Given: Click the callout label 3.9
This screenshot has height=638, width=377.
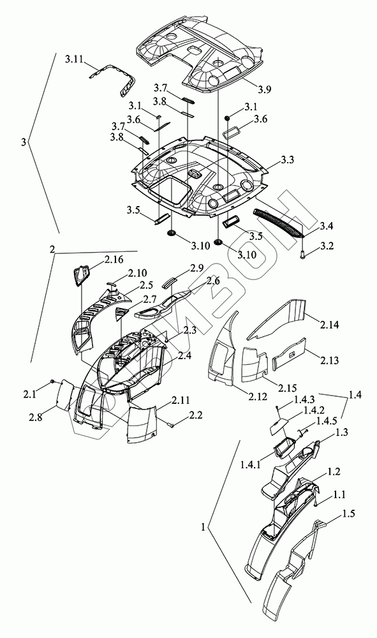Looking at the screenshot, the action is pyautogui.click(x=264, y=89).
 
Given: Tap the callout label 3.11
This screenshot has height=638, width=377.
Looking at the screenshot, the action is pyautogui.click(x=73, y=60).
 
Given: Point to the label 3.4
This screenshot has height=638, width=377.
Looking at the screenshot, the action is pyautogui.click(x=327, y=225).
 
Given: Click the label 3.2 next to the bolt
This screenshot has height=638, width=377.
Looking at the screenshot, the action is pyautogui.click(x=327, y=246).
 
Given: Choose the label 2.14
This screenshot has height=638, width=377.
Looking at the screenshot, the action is pyautogui.click(x=329, y=325).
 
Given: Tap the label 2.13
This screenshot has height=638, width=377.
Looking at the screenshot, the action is pyautogui.click(x=329, y=360).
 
